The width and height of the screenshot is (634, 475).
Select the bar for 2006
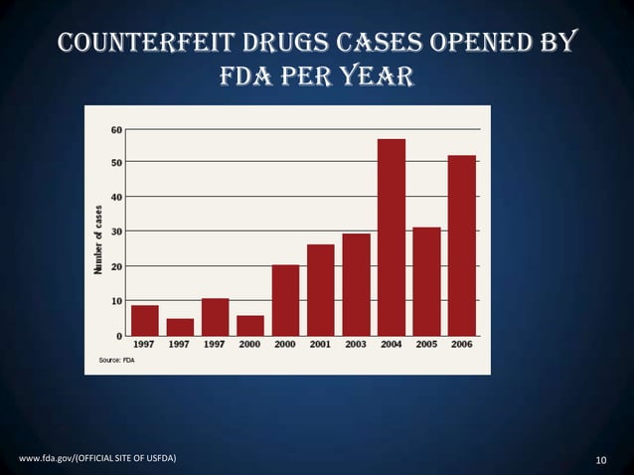coord(461,244)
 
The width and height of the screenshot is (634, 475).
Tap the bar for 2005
coord(426,281)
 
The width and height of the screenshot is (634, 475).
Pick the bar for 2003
coord(356,284)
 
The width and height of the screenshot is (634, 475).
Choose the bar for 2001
coord(320,289)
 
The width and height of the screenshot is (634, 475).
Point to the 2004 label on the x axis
coord(391,344)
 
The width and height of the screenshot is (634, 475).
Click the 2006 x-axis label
coord(461,344)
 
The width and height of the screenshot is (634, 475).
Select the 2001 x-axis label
coord(320,344)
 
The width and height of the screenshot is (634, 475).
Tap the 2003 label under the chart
coord(356,344)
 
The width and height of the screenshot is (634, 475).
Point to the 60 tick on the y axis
coord(117,129)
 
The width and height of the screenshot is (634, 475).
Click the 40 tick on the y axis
coord(117,197)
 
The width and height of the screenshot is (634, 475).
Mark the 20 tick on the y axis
coord(117,266)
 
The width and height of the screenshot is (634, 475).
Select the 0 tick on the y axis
coord(120,335)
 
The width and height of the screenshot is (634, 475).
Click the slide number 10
coord(600,459)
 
